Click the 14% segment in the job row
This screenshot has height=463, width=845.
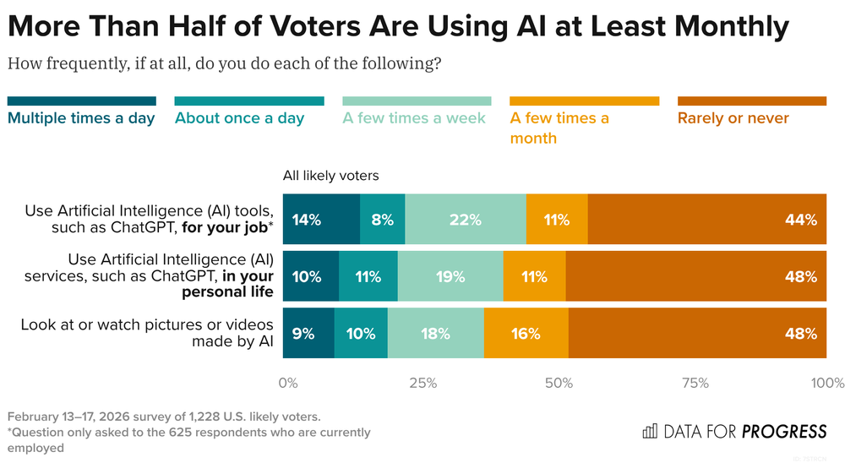pos(321,220)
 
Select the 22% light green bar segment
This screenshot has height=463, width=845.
pos(465,220)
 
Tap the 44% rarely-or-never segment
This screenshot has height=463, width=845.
pos(706,220)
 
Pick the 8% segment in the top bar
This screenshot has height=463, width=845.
pos(382,220)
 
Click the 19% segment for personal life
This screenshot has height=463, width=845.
pos(450,276)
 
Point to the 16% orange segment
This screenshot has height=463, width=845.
pos(526,333)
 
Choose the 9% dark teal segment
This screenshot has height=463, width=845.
pos(308,333)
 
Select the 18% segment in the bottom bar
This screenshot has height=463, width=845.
pos(435,333)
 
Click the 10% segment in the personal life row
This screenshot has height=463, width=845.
pos(310,276)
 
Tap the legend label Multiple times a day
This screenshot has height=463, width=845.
pos(81,118)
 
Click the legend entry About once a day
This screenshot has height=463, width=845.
pos(239,118)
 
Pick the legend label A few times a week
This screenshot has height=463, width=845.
pos(414,118)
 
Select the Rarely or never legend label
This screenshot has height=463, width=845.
pos(733,118)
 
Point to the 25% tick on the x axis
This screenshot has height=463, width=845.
pos(422,384)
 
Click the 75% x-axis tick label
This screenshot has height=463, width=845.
pos(695,384)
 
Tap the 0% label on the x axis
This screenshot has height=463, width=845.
pos(288,384)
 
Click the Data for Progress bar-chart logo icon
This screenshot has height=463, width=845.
pos(650,432)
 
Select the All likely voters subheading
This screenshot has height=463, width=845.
pos(331,177)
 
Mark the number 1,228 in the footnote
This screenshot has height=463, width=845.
pos(180,417)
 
